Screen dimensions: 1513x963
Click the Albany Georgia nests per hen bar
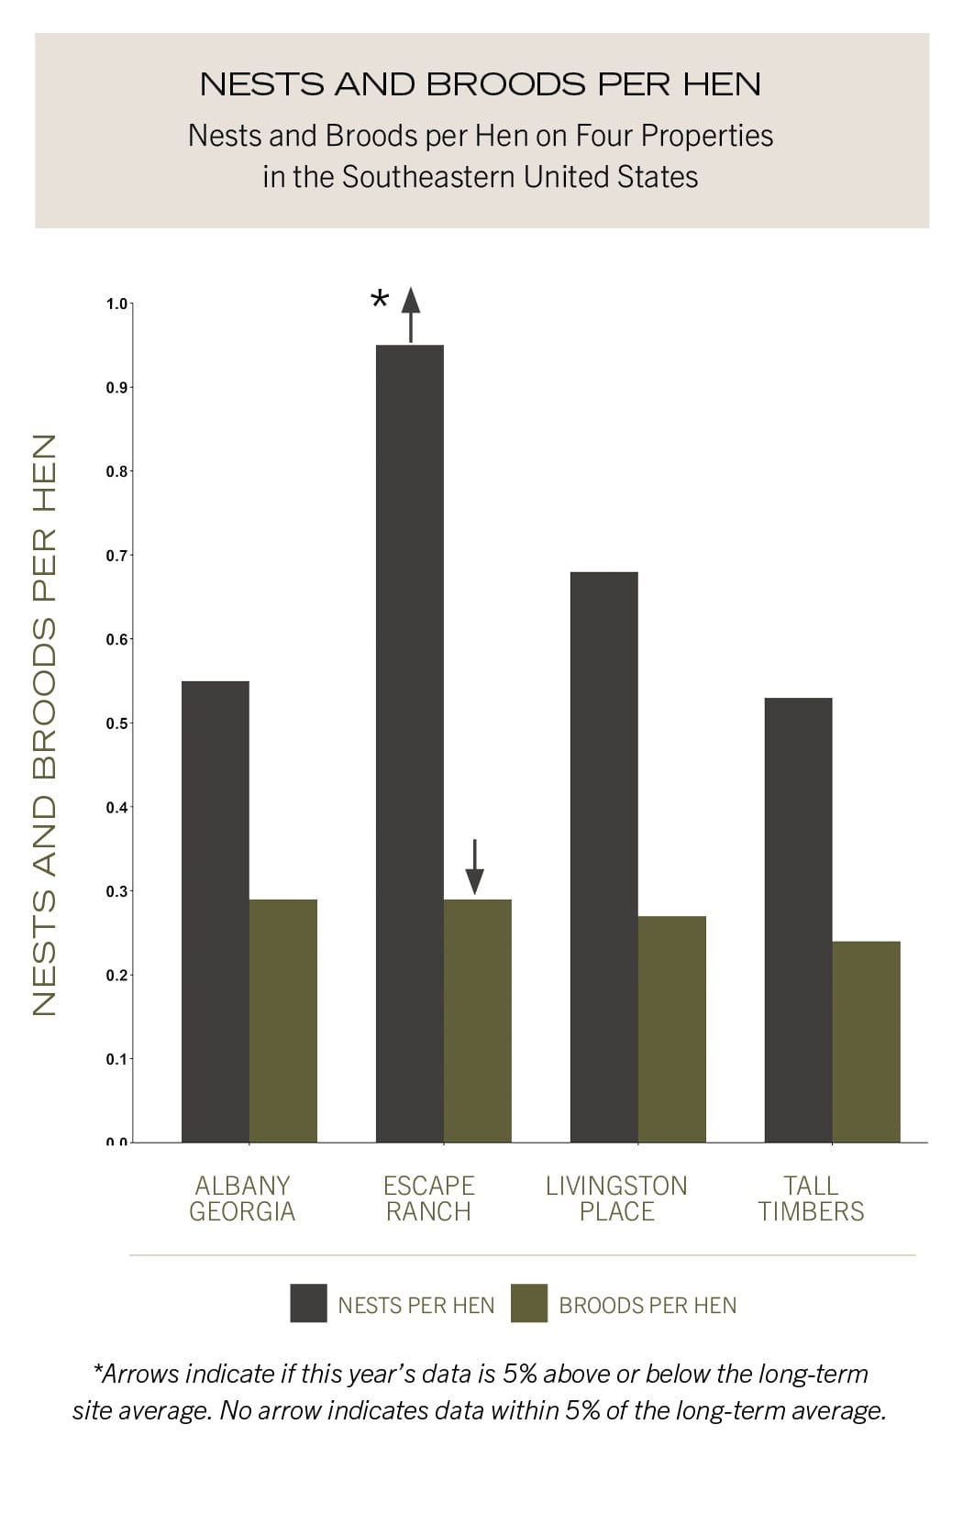tap(216, 911)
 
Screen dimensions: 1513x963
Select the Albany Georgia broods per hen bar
tap(283, 1021)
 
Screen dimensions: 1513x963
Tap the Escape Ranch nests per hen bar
tap(410, 744)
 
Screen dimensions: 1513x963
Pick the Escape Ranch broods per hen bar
tap(478, 1021)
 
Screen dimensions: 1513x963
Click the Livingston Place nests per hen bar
tap(604, 857)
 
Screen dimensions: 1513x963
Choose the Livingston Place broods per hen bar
tap(672, 1029)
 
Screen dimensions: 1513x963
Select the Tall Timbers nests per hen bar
tap(799, 920)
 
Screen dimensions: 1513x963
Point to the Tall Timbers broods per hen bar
tap(867, 1042)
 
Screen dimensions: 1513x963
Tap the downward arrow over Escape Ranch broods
tap(474, 867)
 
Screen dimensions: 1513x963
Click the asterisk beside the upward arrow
tap(380, 300)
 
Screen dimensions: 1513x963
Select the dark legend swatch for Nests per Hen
tap(308, 1303)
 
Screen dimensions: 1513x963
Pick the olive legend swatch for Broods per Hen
tap(528, 1303)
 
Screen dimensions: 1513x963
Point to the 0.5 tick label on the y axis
tap(116, 723)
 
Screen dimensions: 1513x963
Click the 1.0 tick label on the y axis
tap(116, 304)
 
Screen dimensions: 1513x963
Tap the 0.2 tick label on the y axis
tap(116, 976)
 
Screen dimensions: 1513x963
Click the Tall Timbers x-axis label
tap(811, 1198)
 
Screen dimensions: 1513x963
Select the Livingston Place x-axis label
tap(616, 1198)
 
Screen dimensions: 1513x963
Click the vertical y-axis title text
tap(44, 724)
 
